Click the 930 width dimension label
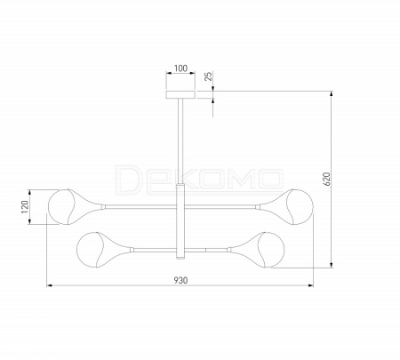(x=180, y=280)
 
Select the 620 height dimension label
(x=326, y=179)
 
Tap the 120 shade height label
(x=25, y=207)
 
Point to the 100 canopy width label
(x=180, y=68)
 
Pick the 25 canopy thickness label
(x=209, y=76)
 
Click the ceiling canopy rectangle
(x=180, y=94)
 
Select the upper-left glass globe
(x=60, y=206)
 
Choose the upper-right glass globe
(x=300, y=206)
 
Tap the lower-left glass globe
(x=90, y=250)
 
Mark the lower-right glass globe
(x=271, y=250)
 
